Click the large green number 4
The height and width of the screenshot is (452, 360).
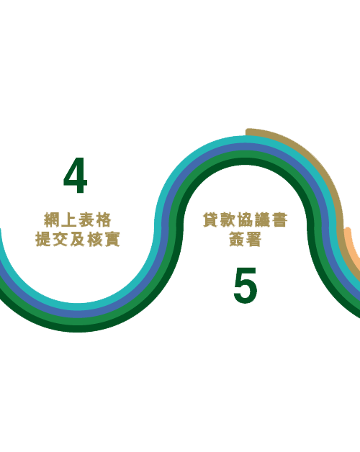(76, 176)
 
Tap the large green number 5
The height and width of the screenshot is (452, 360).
(246, 286)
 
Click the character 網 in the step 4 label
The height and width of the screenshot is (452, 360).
(52, 220)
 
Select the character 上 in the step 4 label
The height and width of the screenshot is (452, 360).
(68, 220)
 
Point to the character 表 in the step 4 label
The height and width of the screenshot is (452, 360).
(86, 220)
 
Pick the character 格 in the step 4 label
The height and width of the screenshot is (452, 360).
(103, 220)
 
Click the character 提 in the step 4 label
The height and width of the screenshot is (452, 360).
(43, 239)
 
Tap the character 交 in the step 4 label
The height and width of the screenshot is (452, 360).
(60, 239)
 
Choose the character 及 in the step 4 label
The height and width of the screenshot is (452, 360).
(77, 239)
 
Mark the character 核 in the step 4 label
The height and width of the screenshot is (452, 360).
(94, 239)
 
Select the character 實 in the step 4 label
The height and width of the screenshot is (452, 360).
(112, 239)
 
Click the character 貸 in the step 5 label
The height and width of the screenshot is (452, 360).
(211, 220)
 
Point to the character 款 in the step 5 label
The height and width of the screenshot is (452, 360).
(228, 220)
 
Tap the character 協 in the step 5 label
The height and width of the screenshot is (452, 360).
(245, 220)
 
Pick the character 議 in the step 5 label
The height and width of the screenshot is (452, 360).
(262, 220)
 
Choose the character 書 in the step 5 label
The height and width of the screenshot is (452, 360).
(279, 220)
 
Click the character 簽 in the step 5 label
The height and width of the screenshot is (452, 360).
(237, 239)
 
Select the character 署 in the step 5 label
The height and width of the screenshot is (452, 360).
(253, 239)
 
